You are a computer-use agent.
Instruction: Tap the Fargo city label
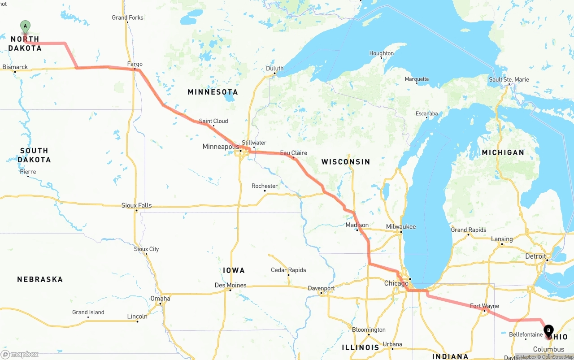coord(135,64)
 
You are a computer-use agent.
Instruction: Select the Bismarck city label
coord(15,67)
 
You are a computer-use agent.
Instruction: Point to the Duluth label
coord(274,69)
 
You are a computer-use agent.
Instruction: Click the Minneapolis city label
coord(221,147)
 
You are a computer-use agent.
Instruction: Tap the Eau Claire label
coord(294,153)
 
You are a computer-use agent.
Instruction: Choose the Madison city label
coord(357,225)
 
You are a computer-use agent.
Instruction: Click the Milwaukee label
coord(401,227)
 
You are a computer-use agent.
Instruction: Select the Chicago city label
coord(396,283)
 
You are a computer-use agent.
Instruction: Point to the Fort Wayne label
coord(484,306)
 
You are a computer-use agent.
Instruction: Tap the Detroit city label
coord(535,256)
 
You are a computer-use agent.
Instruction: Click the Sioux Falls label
coord(136,205)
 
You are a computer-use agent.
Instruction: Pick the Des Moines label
coord(230,285)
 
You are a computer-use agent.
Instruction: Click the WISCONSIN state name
coord(346,162)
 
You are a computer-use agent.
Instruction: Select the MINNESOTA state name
coord(213,92)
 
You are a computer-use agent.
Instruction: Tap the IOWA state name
coord(234,270)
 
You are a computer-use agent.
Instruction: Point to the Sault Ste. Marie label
coord(509,80)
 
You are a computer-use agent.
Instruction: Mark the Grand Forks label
coord(128,17)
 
